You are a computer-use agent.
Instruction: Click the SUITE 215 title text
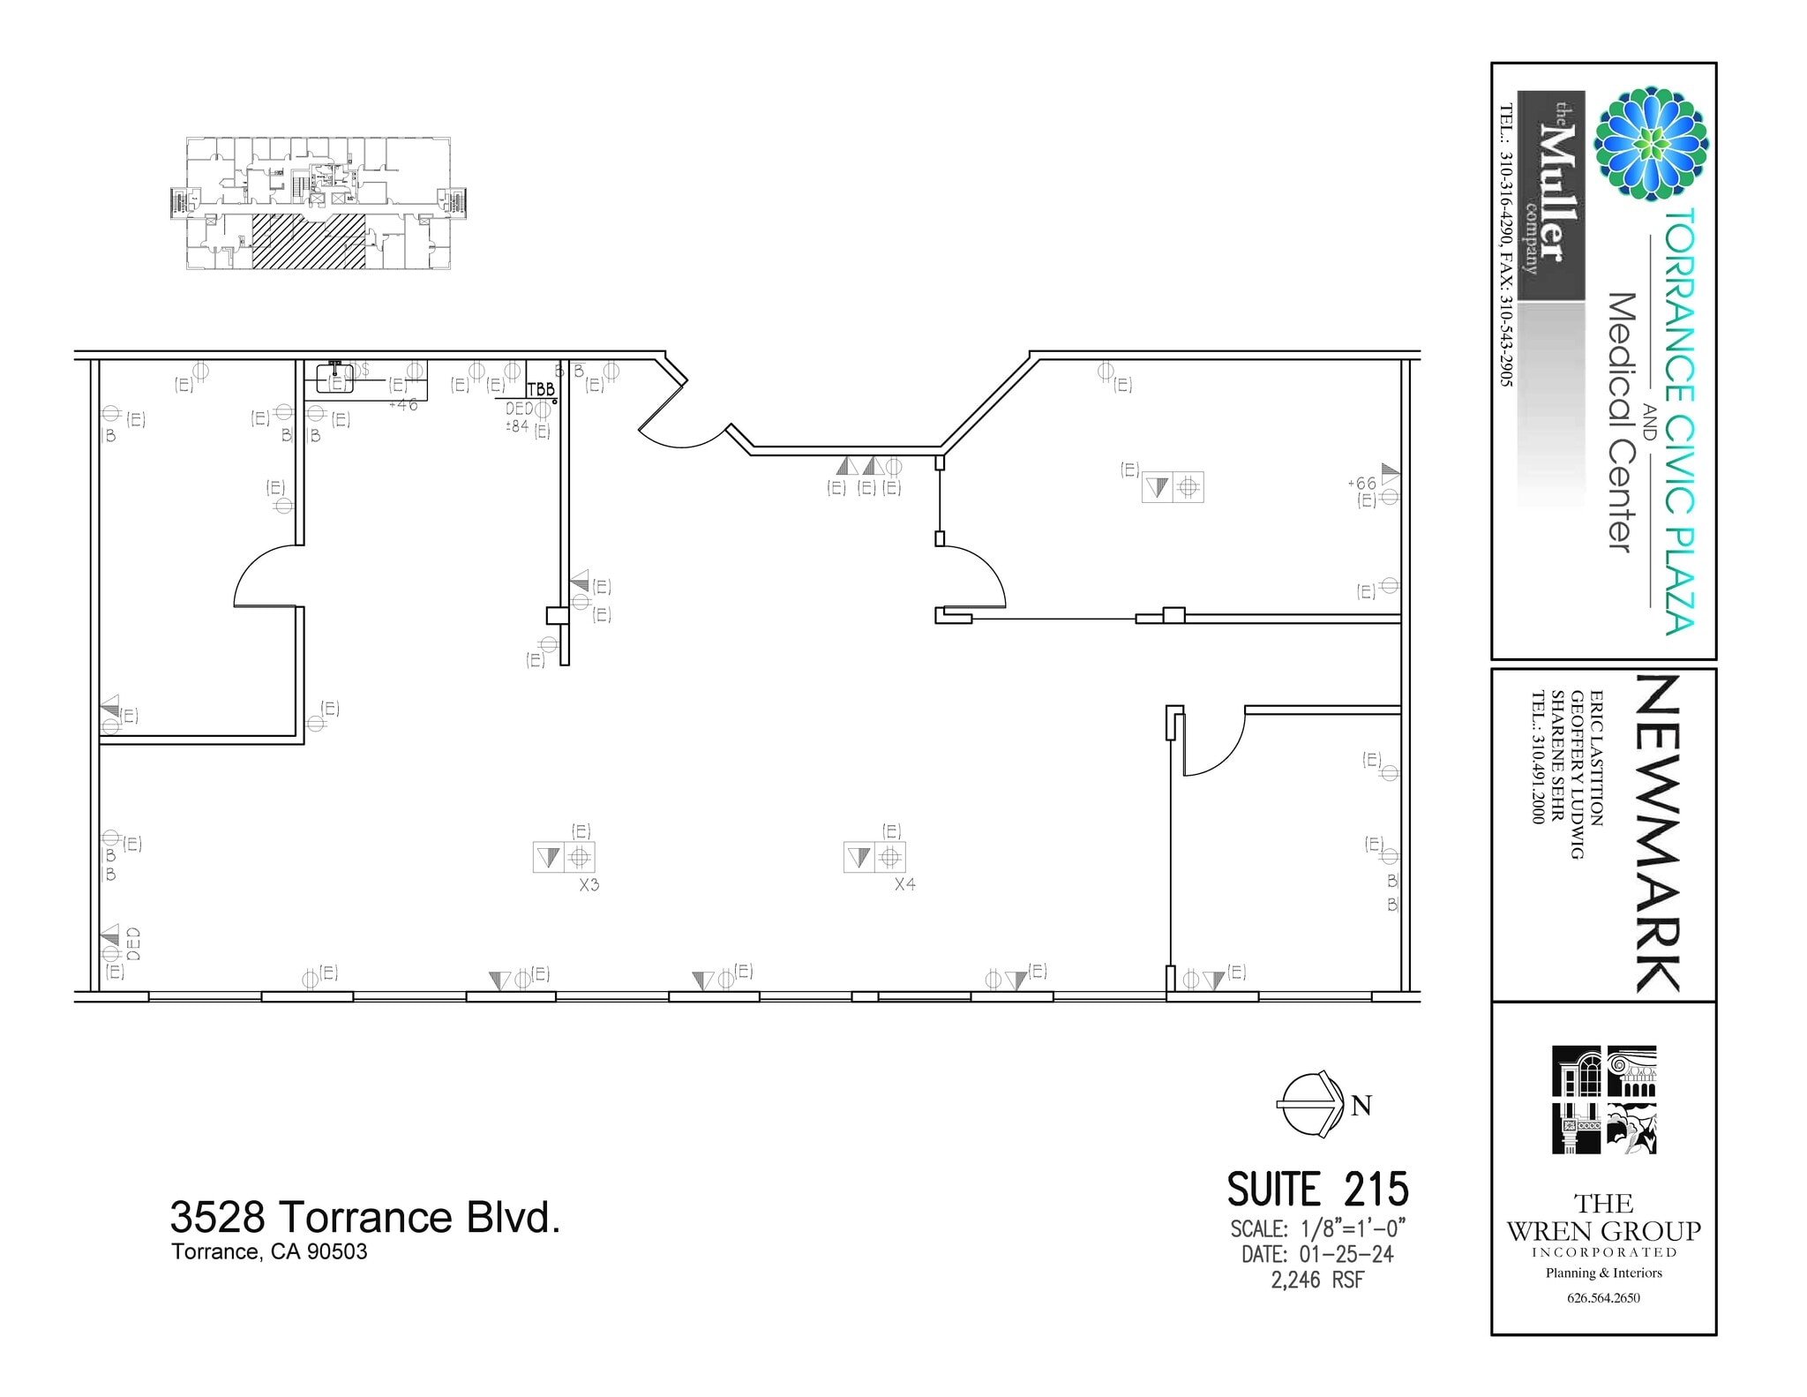pyautogui.click(x=1317, y=1190)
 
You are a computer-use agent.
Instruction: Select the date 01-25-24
pyautogui.click(x=1346, y=1254)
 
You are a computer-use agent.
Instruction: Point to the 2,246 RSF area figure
pyautogui.click(x=1317, y=1280)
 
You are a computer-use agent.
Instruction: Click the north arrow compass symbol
pyautogui.click(x=1310, y=1104)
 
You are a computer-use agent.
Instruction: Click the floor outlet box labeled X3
pyautogui.click(x=564, y=857)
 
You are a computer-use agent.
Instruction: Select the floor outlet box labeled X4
pyautogui.click(x=874, y=857)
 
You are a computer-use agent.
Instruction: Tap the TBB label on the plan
pyautogui.click(x=541, y=389)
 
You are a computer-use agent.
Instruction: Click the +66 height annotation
pyautogui.click(x=1361, y=484)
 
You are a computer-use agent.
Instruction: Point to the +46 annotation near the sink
pyautogui.click(x=402, y=405)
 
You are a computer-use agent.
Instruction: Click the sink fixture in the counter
pyautogui.click(x=335, y=378)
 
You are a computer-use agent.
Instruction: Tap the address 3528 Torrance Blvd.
pyautogui.click(x=364, y=1218)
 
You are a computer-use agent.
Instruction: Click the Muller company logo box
pyautogui.click(x=1550, y=196)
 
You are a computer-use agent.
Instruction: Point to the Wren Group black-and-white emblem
pyautogui.click(x=1604, y=1100)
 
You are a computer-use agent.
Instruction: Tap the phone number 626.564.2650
pyautogui.click(x=1603, y=1297)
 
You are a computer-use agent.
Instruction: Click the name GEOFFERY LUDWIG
pyautogui.click(x=1577, y=775)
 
